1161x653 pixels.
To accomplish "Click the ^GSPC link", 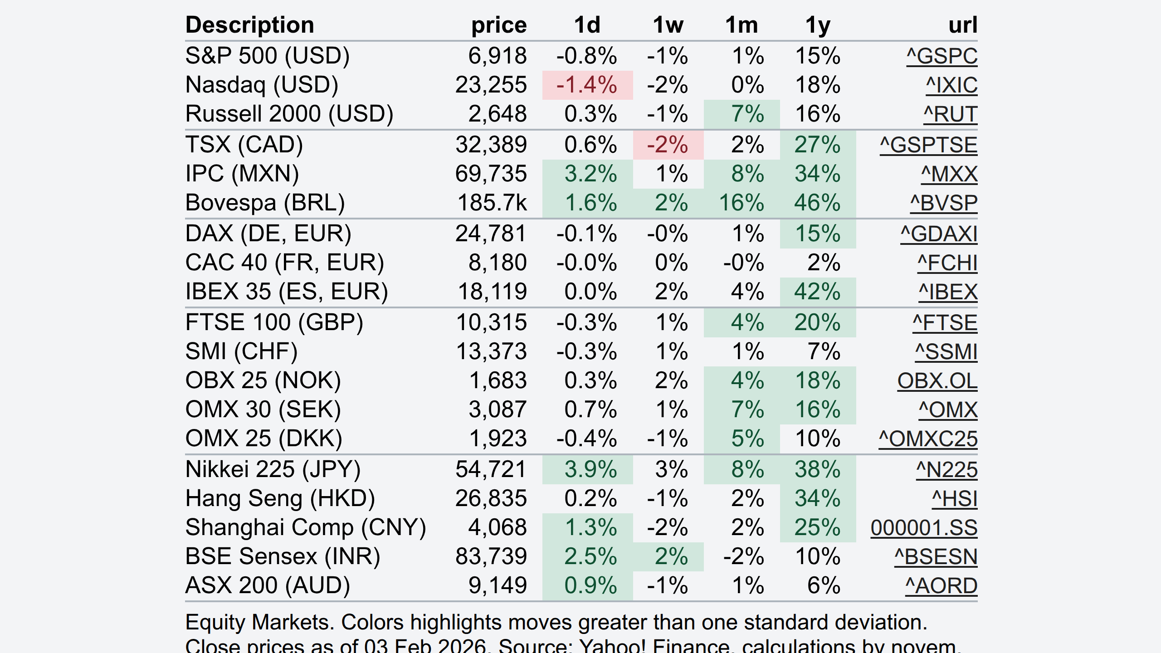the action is [942, 56].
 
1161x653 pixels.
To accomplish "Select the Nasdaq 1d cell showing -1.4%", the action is [587, 85].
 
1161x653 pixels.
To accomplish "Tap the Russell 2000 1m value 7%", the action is [747, 114].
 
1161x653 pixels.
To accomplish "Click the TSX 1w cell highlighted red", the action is [668, 145].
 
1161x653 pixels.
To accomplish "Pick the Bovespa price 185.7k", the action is [492, 203].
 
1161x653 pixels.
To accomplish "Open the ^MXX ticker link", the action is [949, 174].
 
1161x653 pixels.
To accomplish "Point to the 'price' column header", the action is [499, 25].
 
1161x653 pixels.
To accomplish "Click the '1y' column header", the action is [818, 25].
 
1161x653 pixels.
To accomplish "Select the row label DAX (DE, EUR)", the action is [268, 234].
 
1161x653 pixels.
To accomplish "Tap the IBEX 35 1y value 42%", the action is [818, 292].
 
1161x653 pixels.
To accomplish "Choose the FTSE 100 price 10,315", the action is [492, 322].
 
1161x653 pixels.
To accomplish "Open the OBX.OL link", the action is [937, 381].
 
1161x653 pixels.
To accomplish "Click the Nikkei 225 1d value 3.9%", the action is [590, 469].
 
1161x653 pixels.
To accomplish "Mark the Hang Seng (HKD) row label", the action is [280, 499].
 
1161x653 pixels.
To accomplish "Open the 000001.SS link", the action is [924, 528].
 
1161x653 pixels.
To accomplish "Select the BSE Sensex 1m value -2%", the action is [744, 557].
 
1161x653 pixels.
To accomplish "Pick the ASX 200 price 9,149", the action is [498, 585].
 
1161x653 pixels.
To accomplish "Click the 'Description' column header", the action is [250, 25].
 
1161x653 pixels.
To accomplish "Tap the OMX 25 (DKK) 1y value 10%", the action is [818, 439].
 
